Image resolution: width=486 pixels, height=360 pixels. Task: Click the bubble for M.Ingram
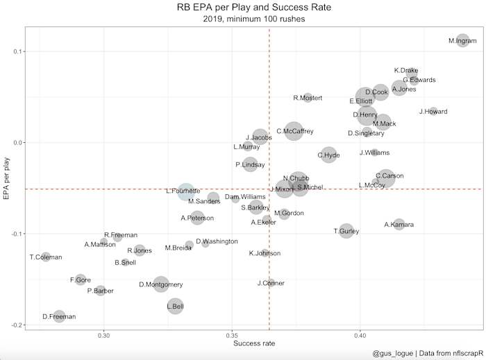463,41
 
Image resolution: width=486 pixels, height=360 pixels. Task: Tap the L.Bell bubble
175,305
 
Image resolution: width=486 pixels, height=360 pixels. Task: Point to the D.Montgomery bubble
161,284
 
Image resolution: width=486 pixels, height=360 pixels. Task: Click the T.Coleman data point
46,257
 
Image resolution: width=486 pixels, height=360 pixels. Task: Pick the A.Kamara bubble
399,224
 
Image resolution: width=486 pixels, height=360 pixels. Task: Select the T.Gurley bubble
346,230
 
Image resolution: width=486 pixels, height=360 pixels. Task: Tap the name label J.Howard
433,112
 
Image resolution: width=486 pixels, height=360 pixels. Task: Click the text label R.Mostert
308,98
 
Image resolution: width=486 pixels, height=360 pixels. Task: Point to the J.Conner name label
271,283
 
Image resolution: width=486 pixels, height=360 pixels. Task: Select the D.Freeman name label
58,317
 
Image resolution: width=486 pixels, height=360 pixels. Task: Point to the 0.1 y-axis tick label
14,51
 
